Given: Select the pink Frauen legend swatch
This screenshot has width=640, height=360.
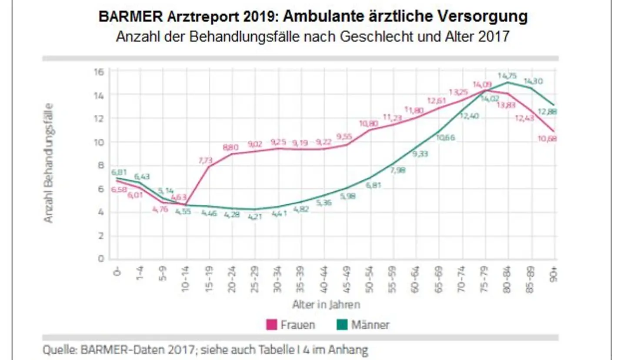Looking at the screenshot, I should [271, 324].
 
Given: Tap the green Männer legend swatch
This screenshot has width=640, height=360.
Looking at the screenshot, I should [342, 324].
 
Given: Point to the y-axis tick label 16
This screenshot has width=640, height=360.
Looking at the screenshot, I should [99, 72].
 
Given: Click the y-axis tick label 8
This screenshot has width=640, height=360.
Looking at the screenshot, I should [101, 166].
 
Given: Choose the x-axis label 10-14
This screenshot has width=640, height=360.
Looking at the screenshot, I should [186, 279].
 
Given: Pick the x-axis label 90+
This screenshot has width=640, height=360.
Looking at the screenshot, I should [553, 275].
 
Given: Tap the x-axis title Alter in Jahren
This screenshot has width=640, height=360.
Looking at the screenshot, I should [326, 304].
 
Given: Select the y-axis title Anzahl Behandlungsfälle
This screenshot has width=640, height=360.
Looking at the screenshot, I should [48, 163].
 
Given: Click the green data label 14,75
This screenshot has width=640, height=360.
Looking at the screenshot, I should [507, 76].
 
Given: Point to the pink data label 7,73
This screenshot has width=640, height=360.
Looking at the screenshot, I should [206, 160].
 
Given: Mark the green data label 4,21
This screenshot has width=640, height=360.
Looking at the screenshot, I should [255, 217].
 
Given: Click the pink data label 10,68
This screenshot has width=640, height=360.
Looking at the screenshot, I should [547, 139].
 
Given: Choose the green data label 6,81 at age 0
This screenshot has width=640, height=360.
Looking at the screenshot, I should [119, 172].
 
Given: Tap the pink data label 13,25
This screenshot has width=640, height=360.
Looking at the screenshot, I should [458, 92].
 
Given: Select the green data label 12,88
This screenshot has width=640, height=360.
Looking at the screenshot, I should [547, 112].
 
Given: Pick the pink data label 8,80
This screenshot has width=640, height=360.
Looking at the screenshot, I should [230, 148].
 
